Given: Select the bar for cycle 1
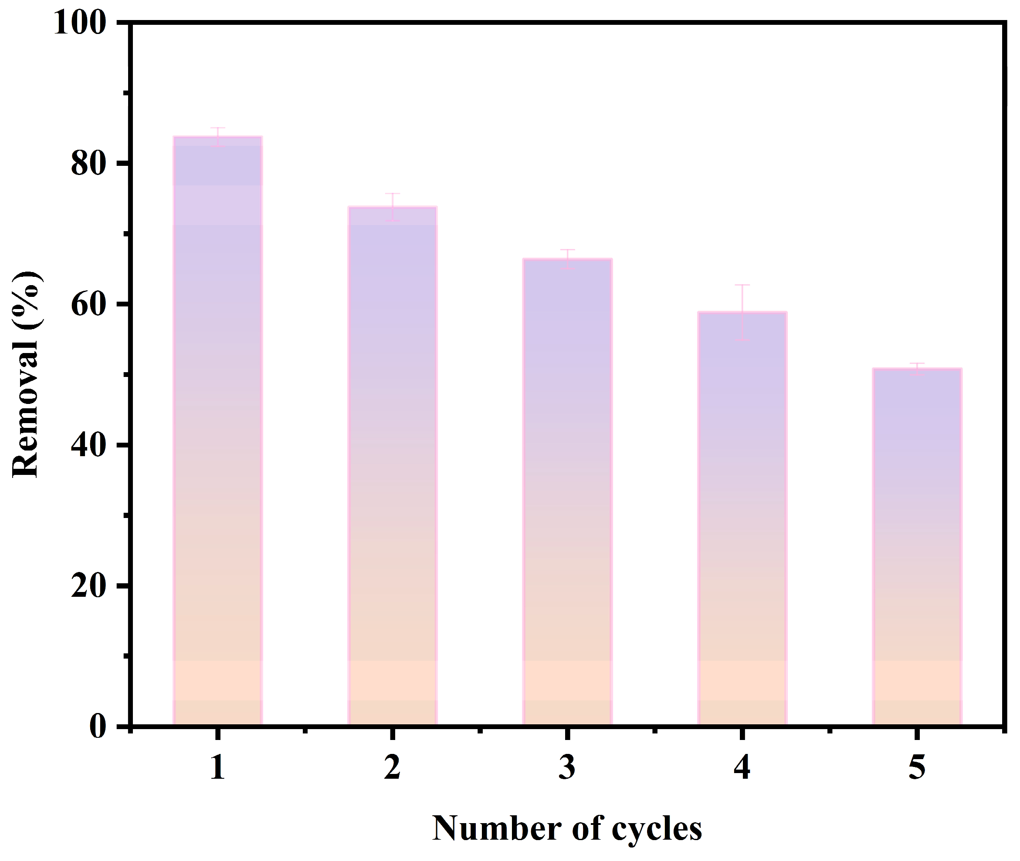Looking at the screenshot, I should point(218,431).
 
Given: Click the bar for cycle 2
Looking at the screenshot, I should point(392,467).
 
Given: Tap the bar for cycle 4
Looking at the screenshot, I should point(742,519).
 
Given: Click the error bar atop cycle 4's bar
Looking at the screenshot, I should point(742,313).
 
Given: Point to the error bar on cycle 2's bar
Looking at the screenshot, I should point(392,207).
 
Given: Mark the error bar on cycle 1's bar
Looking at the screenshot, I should point(218,137).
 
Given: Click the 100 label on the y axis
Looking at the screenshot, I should point(80,23).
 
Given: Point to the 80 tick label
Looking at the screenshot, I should point(88,164).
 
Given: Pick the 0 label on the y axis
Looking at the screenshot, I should point(98,726).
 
